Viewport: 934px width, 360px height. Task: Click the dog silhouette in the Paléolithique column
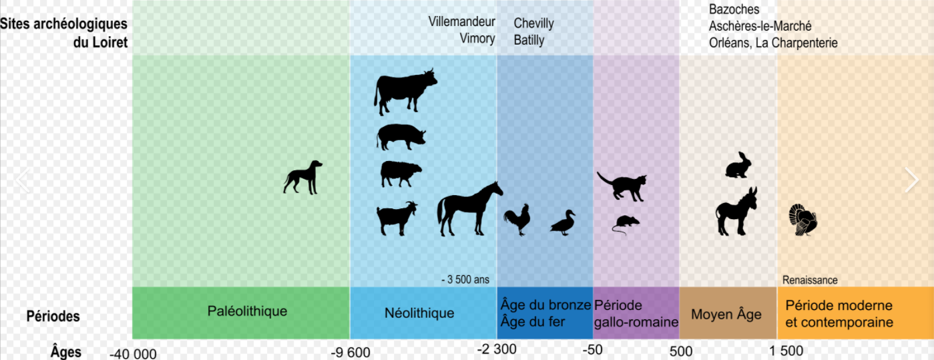(303, 178)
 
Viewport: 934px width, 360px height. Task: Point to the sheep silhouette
(401, 174)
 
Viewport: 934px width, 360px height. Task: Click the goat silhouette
(397, 219)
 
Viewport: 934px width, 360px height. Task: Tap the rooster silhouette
(517, 219)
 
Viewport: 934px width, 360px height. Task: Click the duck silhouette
(563, 222)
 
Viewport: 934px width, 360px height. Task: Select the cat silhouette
(622, 186)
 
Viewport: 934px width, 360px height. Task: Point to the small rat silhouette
(626, 223)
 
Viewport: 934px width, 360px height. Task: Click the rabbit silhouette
(737, 166)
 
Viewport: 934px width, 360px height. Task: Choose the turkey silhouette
(802, 220)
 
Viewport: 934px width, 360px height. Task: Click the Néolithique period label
(419, 313)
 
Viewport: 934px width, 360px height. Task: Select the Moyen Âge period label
(726, 315)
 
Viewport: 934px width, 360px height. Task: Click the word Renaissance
(810, 281)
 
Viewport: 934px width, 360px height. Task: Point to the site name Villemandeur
(461, 21)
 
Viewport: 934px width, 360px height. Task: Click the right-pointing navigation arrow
(911, 180)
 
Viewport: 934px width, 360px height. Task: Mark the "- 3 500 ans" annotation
(465, 280)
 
